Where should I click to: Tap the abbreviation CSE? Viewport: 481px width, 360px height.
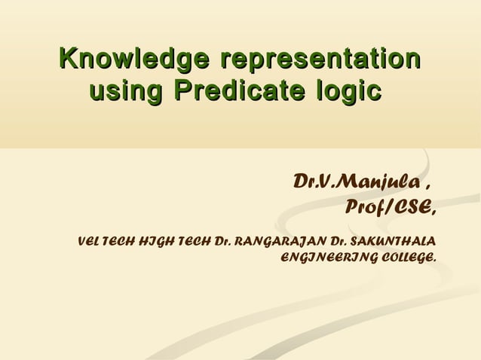tap(415, 206)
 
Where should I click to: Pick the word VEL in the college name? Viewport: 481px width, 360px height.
tap(88, 243)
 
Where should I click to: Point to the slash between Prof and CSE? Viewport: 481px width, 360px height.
tap(389, 206)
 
